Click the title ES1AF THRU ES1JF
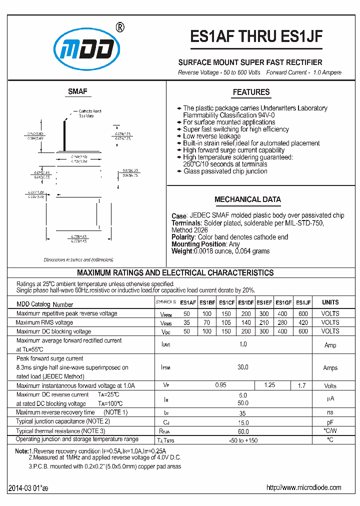[x=257, y=37]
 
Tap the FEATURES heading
[x=251, y=92]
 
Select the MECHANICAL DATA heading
[x=247, y=199]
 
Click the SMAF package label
[x=77, y=91]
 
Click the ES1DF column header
[x=245, y=302]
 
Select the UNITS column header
[x=330, y=302]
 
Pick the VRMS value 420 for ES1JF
[x=303, y=322]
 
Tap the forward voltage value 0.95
[x=220, y=385]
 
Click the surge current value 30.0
[x=243, y=367]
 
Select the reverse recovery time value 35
[x=243, y=412]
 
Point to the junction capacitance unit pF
[x=330, y=421]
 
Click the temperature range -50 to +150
[x=243, y=439]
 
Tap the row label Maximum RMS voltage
[x=44, y=322]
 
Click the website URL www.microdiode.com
[x=303, y=487]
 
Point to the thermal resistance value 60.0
[x=243, y=430]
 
